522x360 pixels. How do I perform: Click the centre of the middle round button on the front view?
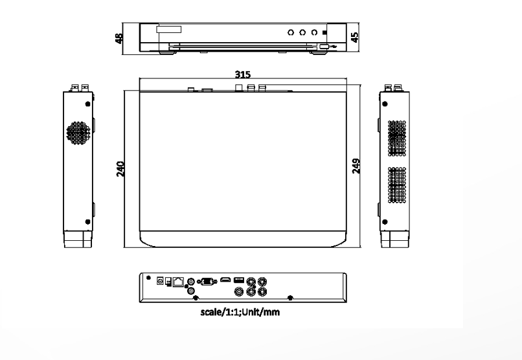point(302,32)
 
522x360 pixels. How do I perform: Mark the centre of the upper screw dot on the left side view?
point(88,104)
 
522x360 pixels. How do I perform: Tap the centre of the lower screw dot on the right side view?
point(385,222)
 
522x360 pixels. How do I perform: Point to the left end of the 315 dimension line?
point(139,79)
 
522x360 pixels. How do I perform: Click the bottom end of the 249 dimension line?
point(361,247)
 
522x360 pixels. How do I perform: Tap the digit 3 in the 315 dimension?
point(238,74)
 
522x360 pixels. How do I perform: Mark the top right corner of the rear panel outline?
point(346,273)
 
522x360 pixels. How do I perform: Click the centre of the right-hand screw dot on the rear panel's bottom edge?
point(290,298)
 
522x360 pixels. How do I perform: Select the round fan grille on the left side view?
point(78,133)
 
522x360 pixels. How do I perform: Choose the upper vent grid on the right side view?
point(397,138)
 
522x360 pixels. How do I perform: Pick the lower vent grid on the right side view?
point(397,185)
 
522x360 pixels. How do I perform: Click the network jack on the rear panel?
point(179,282)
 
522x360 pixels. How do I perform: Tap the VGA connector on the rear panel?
point(207,282)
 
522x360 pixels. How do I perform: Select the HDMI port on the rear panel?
point(225,280)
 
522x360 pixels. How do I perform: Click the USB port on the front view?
point(324,46)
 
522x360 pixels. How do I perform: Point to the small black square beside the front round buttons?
point(325,32)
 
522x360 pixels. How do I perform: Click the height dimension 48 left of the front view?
point(119,38)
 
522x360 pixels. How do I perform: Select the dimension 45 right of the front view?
point(355,37)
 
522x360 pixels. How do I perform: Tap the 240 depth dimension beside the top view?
point(120,169)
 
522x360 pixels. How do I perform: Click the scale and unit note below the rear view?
point(240,312)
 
